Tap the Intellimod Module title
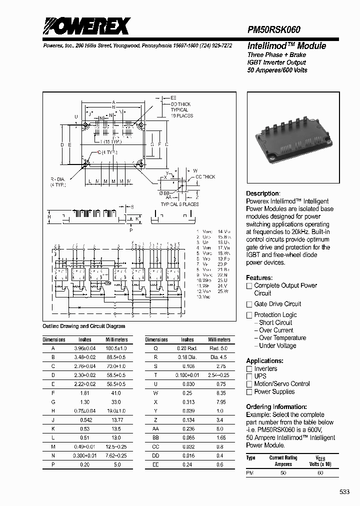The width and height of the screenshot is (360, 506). click(x=286, y=46)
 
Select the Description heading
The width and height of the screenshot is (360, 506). click(x=262, y=193)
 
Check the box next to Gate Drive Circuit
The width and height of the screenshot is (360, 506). click(x=249, y=304)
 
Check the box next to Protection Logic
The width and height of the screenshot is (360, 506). click(x=249, y=315)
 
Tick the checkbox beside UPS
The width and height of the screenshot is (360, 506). click(x=249, y=376)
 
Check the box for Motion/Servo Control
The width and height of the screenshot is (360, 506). click(x=249, y=384)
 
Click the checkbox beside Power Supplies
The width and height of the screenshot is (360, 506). click(x=249, y=392)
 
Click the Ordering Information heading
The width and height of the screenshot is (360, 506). click(x=276, y=406)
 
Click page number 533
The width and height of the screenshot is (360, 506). click(x=345, y=492)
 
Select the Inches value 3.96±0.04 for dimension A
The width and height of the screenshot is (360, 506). click(x=85, y=347)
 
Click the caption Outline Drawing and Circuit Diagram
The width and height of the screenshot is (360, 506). click(x=84, y=326)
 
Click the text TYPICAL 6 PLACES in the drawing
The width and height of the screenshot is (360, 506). click(x=179, y=204)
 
